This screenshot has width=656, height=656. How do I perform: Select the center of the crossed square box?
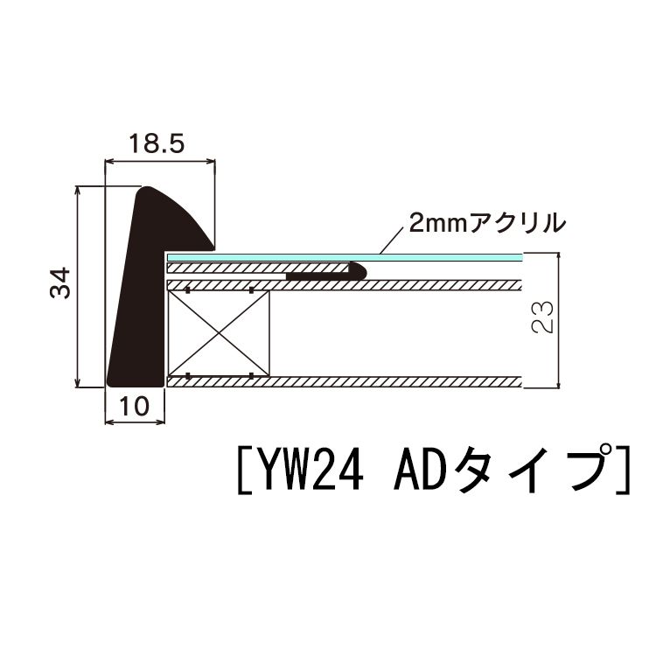click(x=218, y=332)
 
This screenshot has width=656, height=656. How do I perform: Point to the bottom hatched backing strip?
click(x=350, y=381)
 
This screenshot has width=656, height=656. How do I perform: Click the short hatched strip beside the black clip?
click(x=227, y=267)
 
